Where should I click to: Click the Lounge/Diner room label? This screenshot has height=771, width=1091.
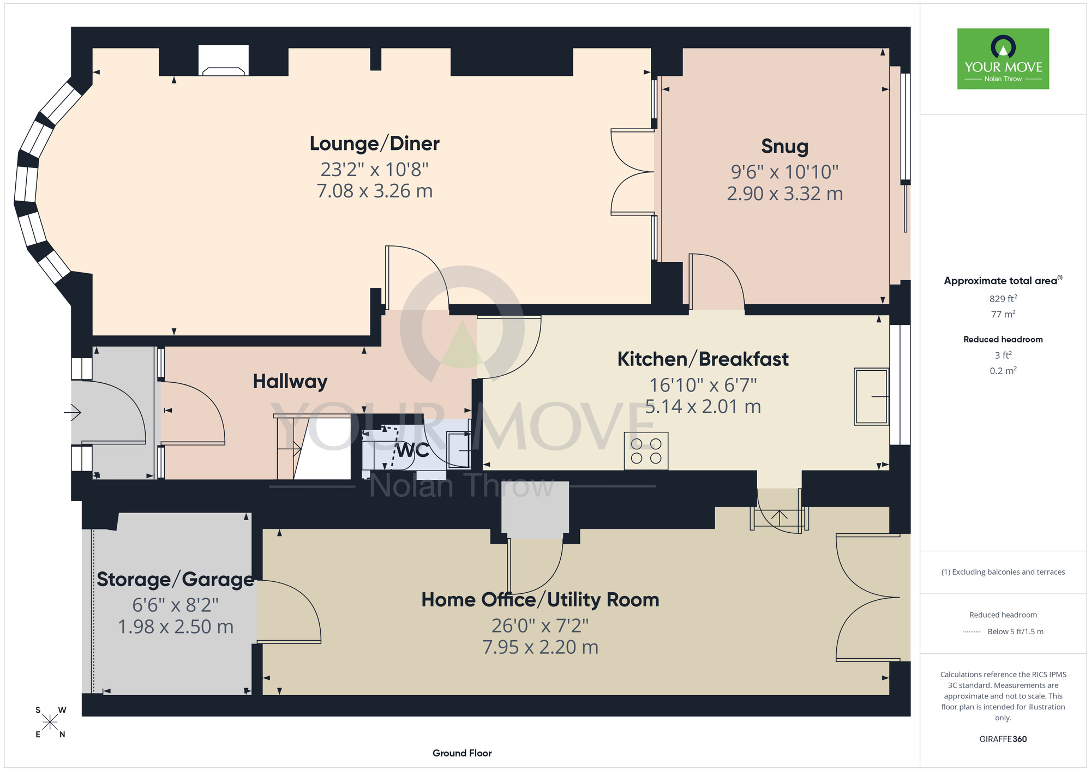(374, 144)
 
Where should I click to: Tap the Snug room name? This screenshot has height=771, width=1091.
(784, 147)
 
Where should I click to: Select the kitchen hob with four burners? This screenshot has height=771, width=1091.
(646, 451)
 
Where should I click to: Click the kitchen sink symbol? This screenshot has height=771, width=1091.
(871, 396)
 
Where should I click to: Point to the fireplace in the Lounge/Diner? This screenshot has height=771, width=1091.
(224, 62)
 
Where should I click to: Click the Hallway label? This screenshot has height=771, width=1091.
(290, 382)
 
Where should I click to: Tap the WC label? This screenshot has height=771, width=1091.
(412, 450)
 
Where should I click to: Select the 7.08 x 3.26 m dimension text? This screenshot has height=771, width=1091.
(374, 191)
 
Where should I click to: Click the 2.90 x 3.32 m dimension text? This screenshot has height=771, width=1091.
(784, 194)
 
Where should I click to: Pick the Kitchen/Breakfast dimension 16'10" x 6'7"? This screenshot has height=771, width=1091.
(703, 385)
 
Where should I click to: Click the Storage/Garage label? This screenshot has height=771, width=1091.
(175, 580)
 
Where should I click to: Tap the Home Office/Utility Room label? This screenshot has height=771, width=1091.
(540, 600)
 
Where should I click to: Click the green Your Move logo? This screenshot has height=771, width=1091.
(1003, 59)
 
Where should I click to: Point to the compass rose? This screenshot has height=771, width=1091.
(50, 722)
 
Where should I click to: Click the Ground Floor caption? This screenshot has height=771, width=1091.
(462, 753)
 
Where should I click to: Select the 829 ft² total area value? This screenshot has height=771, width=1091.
(1003, 299)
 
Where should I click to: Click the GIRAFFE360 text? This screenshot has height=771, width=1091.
(1003, 739)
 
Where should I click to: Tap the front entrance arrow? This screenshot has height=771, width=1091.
(73, 412)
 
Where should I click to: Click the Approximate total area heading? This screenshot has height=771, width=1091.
(1003, 281)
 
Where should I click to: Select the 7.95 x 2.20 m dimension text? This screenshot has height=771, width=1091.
(540, 647)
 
